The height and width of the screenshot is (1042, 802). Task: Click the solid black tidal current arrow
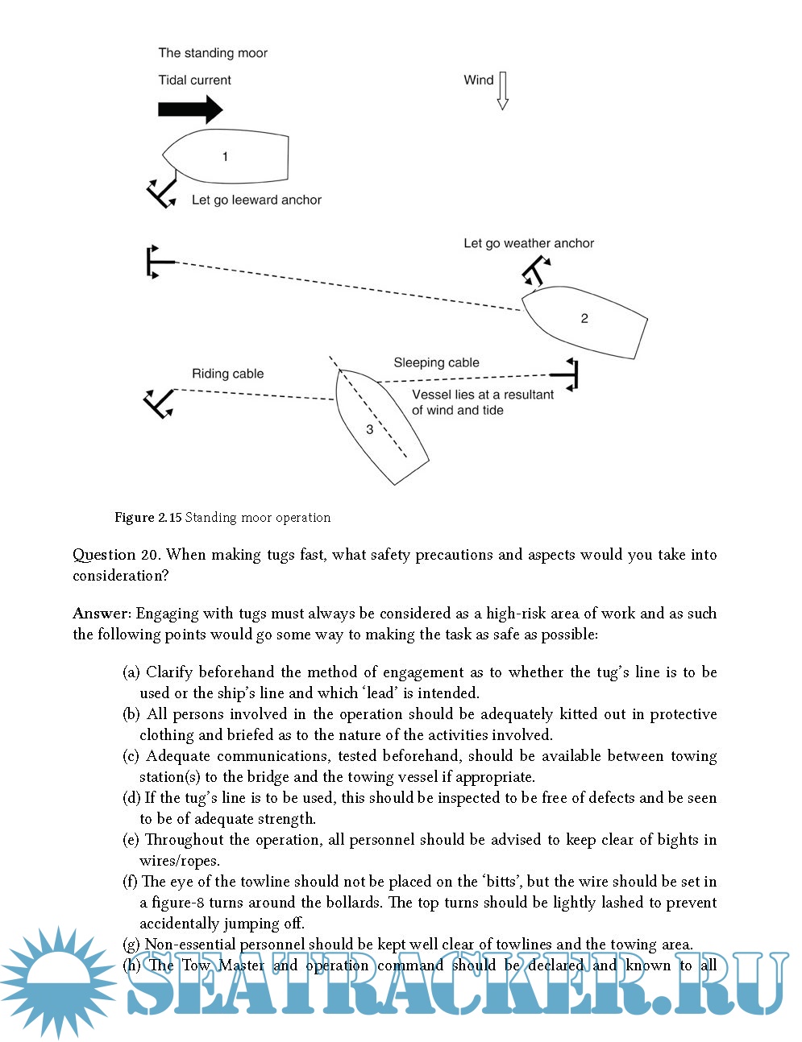coord(190,109)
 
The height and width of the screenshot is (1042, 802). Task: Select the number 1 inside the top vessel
coord(225,156)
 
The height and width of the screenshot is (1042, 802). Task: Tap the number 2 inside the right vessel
coord(584,318)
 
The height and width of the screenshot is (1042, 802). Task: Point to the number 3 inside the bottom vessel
coord(370,429)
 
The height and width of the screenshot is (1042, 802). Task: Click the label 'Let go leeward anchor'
coord(256,200)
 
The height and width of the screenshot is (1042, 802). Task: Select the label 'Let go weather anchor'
coord(529,243)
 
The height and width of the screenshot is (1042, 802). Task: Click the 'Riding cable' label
coord(227,374)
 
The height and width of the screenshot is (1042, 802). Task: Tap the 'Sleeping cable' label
coord(436,362)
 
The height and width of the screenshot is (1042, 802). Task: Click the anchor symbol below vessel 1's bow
coord(161,192)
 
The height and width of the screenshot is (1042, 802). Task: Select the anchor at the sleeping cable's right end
coord(567,374)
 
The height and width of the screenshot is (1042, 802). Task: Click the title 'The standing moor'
coord(213,53)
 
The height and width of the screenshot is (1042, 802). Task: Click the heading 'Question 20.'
coord(116,555)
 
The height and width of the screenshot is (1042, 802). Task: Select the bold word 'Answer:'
coord(102,614)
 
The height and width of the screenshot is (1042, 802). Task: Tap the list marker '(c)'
coord(131,756)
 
